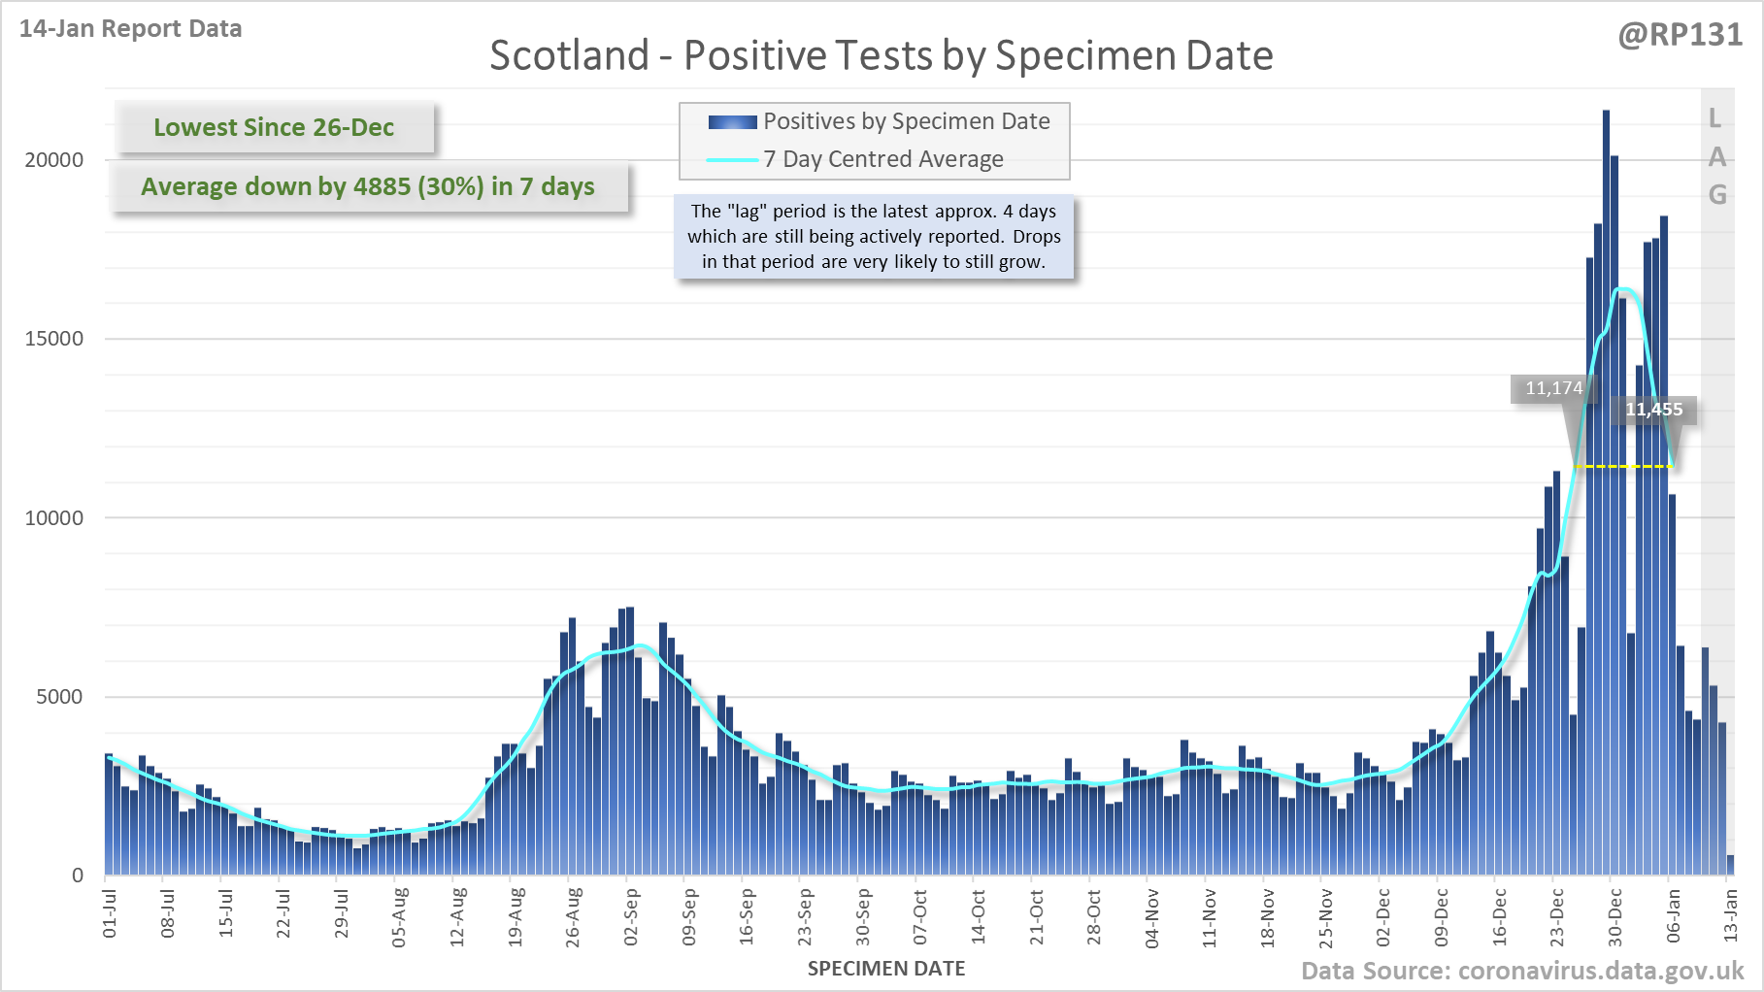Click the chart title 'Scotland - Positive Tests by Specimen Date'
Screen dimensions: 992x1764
[x=881, y=55]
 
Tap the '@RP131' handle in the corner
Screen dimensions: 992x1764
[x=1680, y=35]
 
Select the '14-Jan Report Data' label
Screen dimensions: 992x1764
[x=130, y=29]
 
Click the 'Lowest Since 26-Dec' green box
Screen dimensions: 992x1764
[x=274, y=127]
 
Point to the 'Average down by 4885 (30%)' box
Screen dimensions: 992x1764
[x=368, y=186]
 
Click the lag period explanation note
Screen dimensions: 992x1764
[x=874, y=236]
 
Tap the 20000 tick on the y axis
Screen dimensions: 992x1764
[x=54, y=160]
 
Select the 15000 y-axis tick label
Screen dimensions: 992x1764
[x=54, y=339]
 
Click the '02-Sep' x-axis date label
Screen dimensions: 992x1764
[x=631, y=916]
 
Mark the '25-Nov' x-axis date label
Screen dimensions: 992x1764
[x=1325, y=916]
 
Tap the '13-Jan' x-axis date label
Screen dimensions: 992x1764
[x=1730, y=916]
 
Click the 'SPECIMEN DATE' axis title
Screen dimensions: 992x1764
[x=886, y=969]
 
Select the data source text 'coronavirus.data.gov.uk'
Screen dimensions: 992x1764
[x=1601, y=971]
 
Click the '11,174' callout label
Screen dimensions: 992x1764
[x=1553, y=388]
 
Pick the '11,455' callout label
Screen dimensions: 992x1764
[x=1654, y=410]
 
